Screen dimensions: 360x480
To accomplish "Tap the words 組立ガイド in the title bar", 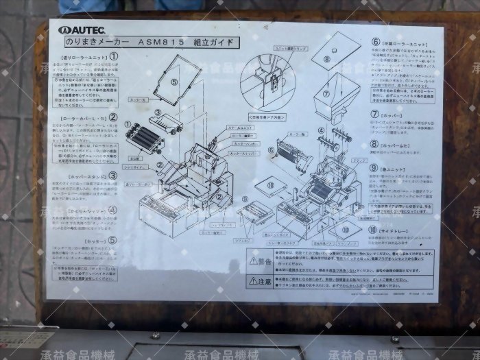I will click(x=213, y=42).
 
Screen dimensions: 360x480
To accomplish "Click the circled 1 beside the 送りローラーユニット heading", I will click(x=114, y=58).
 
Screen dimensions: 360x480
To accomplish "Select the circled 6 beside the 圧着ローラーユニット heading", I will click(x=376, y=41).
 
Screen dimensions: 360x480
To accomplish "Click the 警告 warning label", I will click(x=263, y=260).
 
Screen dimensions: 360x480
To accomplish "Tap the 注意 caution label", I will click(x=263, y=281).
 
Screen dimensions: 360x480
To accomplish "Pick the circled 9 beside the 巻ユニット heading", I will click(x=374, y=167).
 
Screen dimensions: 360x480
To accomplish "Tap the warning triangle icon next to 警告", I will click(x=252, y=261).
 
